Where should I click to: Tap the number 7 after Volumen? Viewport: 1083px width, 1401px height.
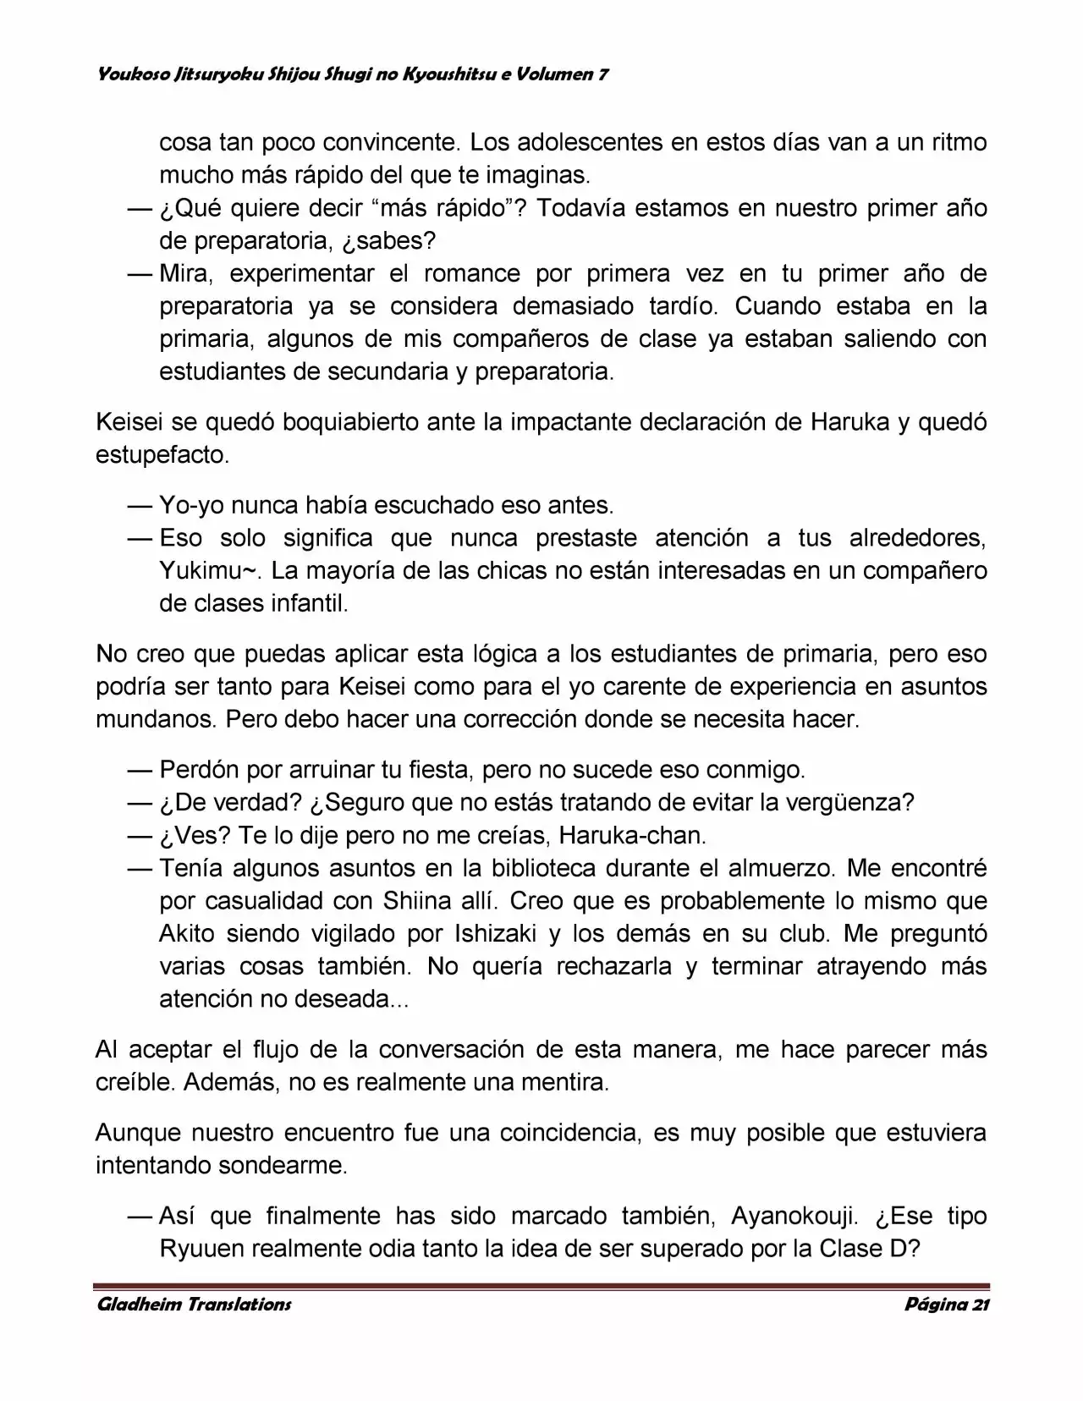[603, 74]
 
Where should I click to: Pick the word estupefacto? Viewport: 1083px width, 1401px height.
[161, 455]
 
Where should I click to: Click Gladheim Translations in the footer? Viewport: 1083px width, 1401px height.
[194, 1304]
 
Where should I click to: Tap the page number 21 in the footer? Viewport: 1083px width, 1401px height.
[980, 1304]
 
